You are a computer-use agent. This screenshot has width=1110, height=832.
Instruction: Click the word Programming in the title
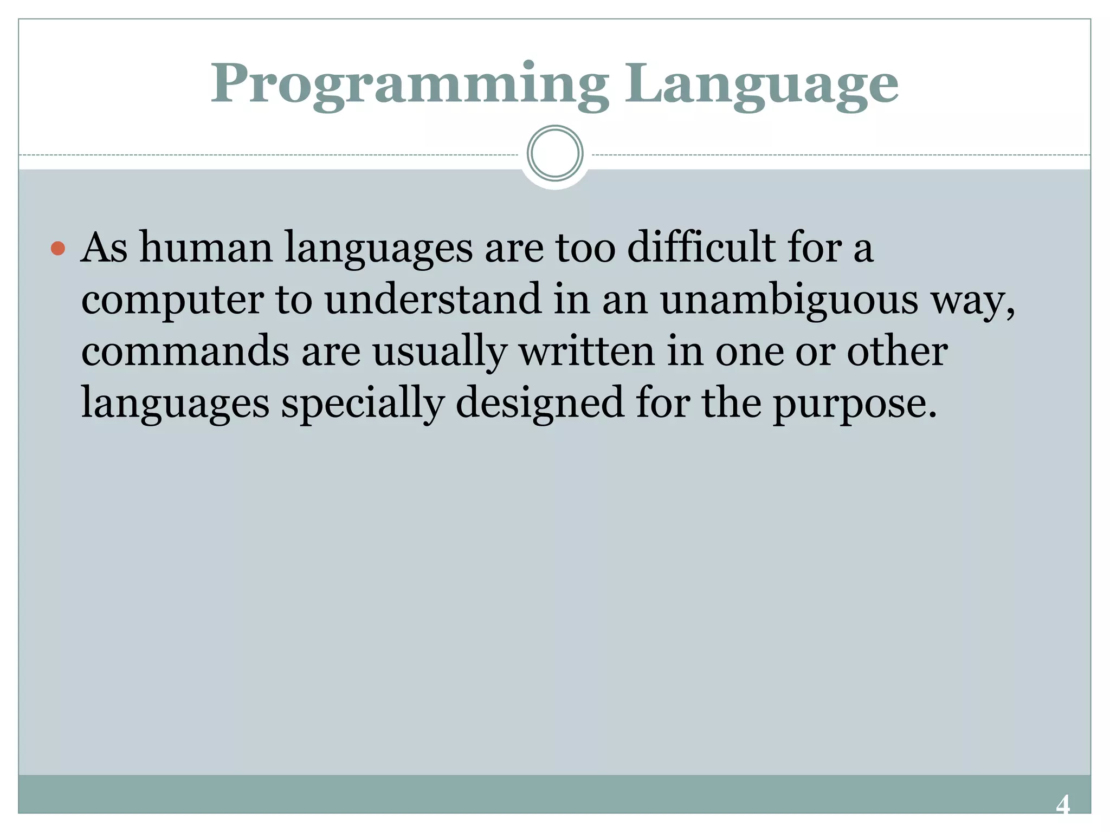[x=409, y=85]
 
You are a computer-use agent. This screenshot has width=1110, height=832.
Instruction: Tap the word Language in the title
[x=761, y=85]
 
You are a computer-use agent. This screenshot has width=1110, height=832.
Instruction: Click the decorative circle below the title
[x=555, y=153]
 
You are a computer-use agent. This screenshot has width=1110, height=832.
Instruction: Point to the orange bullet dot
[x=58, y=249]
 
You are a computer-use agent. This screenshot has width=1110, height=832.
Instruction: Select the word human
[x=206, y=248]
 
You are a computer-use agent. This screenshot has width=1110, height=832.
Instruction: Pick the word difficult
[x=701, y=248]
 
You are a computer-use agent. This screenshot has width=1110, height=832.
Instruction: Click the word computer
[x=172, y=300]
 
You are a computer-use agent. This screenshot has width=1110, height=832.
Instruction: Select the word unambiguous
[x=789, y=300]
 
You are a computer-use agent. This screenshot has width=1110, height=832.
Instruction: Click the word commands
[x=185, y=351]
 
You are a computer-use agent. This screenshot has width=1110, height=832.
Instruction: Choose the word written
[x=587, y=351]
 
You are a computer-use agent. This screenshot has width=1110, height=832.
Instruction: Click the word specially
[x=363, y=404]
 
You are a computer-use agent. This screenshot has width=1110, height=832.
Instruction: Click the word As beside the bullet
[x=104, y=248]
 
